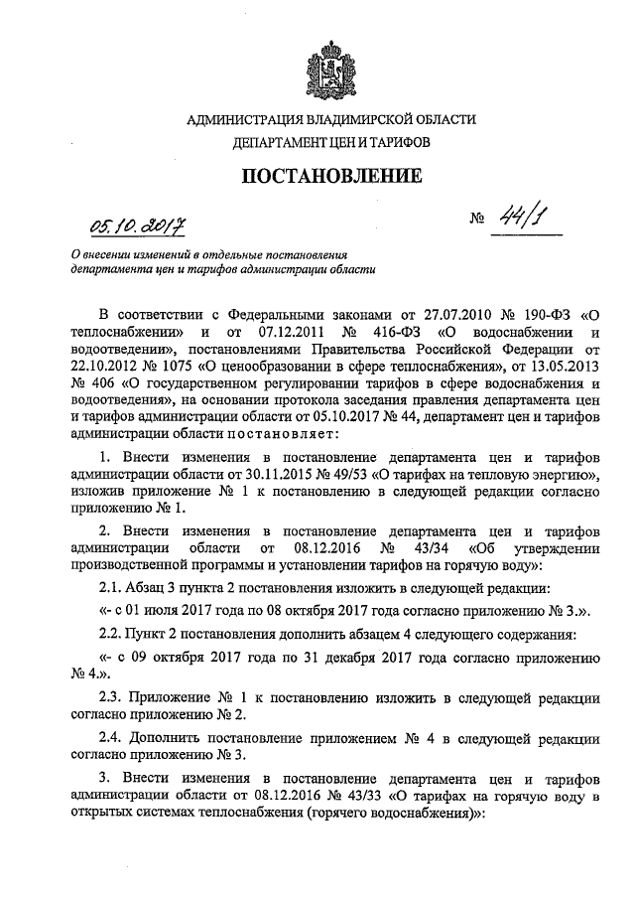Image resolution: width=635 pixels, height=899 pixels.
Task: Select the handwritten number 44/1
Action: [516, 221]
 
